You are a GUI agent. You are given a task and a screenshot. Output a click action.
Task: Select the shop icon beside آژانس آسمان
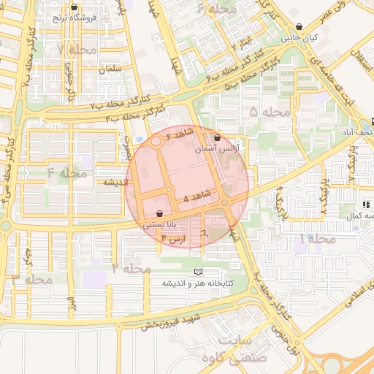click(217, 137)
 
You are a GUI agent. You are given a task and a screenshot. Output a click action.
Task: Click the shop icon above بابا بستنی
click(160, 213)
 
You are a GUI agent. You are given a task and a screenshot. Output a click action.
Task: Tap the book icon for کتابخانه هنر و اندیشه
click(197, 271)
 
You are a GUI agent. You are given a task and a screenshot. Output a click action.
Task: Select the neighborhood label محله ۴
click(67, 173)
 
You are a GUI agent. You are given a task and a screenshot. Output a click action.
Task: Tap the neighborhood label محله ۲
click(131, 269)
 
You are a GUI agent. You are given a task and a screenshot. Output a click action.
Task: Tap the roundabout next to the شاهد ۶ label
click(158, 143)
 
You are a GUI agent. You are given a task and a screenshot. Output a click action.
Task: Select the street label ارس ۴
click(174, 238)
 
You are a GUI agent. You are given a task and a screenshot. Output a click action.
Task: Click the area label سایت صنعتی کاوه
click(230, 348)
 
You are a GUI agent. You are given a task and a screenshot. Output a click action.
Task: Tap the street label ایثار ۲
click(244, 42)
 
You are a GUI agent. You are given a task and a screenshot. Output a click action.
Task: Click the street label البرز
click(71, 305)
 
